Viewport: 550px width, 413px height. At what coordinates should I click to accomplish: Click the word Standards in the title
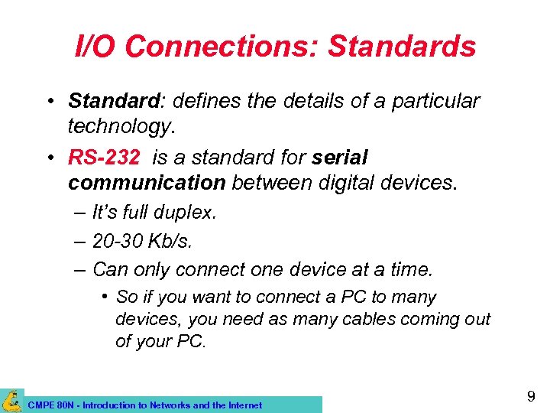(x=402, y=47)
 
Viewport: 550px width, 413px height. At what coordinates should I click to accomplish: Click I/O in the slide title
(x=97, y=47)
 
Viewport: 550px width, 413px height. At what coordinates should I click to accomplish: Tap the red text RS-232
(x=104, y=158)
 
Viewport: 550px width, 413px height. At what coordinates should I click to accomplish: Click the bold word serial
(x=340, y=158)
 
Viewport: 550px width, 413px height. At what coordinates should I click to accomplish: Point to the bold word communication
(x=147, y=184)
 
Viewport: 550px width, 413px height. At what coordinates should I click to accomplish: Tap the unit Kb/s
(x=173, y=242)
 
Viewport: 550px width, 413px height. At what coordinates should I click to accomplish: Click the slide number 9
(x=531, y=396)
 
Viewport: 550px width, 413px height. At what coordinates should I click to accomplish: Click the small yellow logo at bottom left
(x=11, y=400)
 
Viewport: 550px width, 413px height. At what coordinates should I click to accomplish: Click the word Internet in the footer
(x=243, y=405)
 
